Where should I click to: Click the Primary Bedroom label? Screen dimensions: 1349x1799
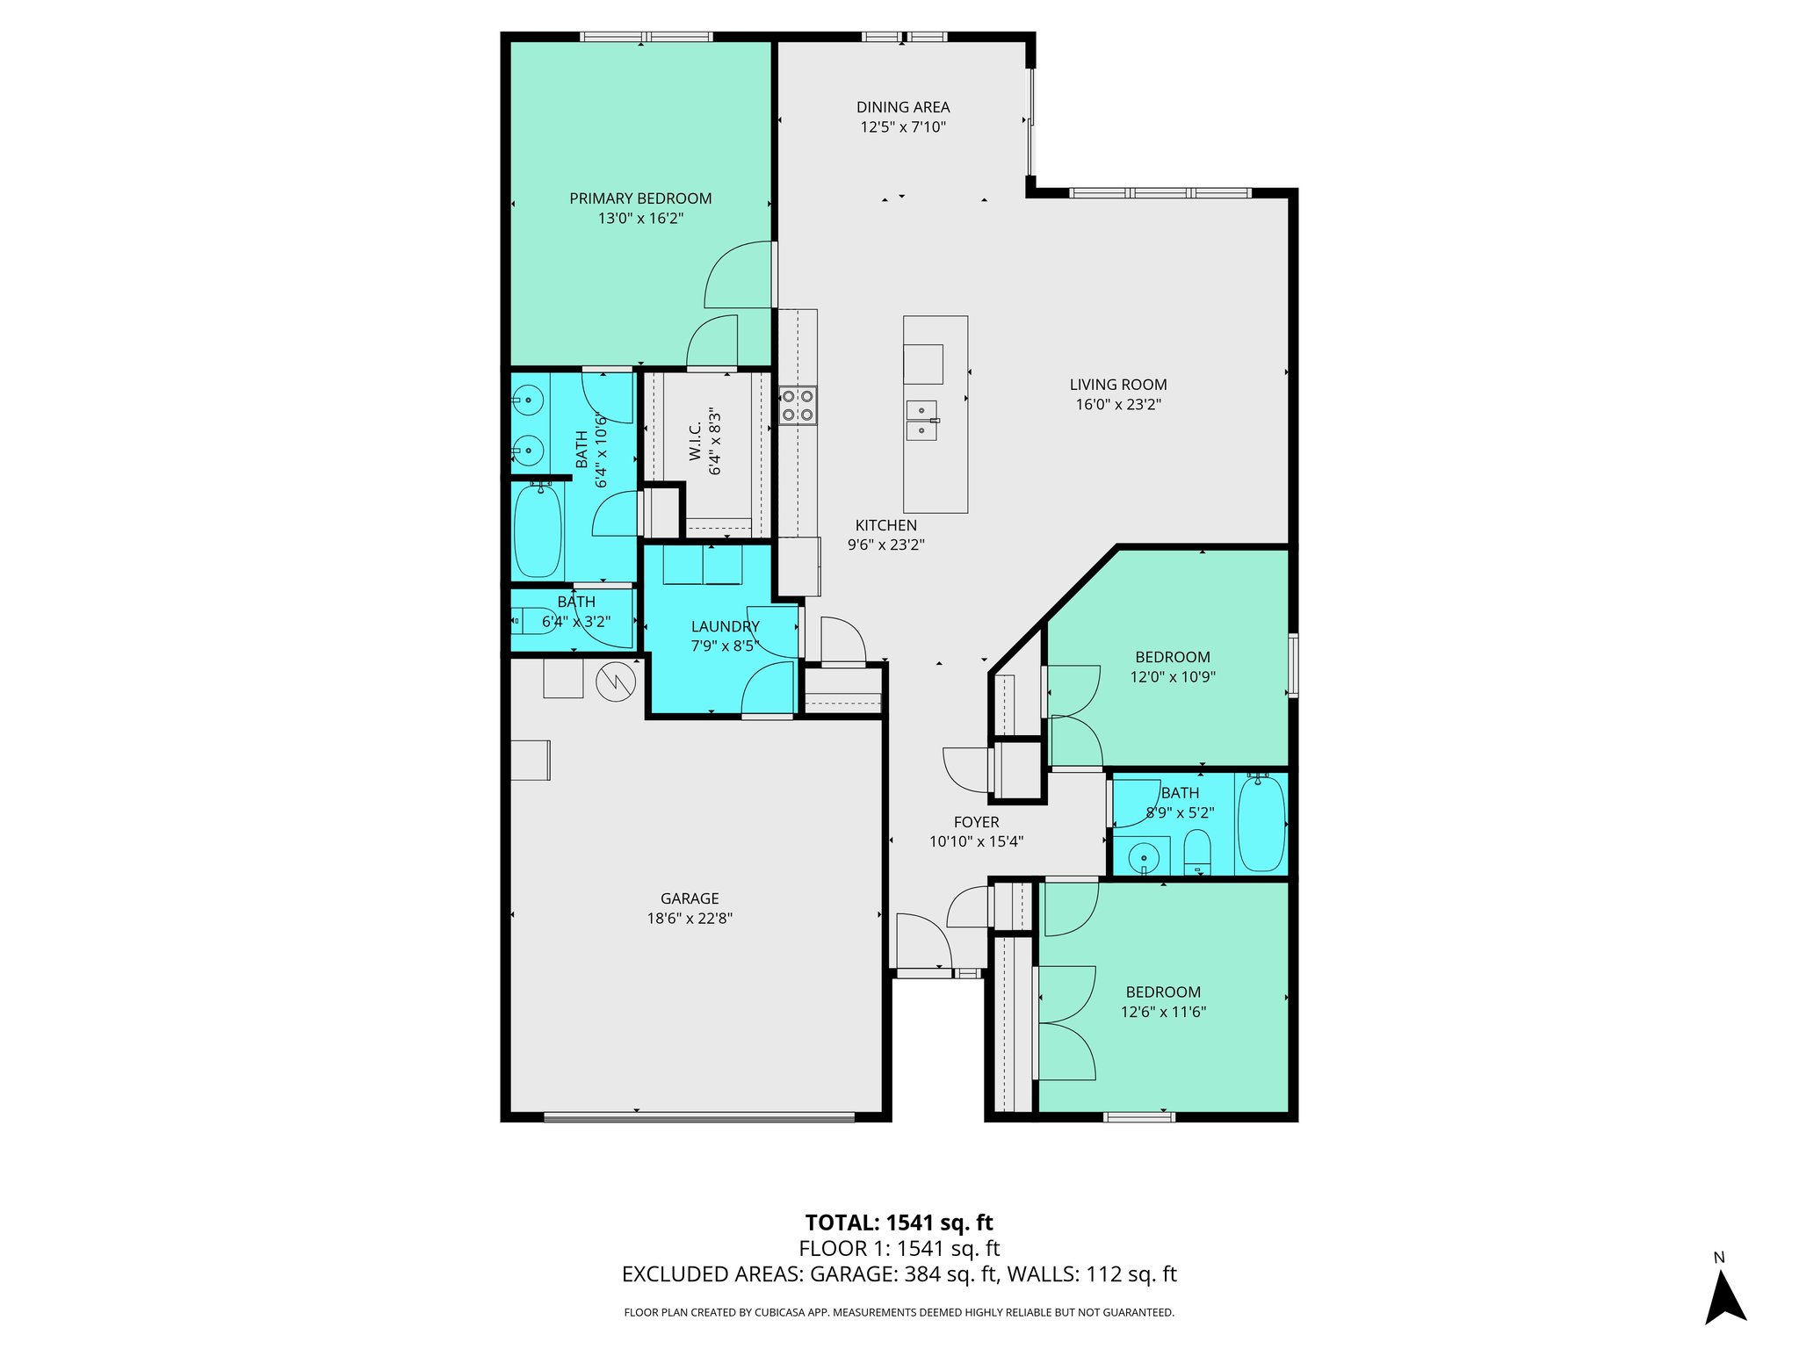640,198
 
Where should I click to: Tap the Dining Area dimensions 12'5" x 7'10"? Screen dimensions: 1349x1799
902,127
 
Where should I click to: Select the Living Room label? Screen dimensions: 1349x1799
1117,385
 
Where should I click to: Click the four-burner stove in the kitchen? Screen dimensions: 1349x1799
798,406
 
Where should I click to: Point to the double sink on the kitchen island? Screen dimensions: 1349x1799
921,420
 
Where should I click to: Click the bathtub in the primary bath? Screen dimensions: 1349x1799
537,530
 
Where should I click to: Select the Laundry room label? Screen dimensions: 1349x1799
725,626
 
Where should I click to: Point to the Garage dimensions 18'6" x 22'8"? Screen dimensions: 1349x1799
690,919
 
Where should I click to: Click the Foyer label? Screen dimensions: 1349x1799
976,822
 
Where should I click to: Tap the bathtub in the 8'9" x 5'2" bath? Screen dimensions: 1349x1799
1261,824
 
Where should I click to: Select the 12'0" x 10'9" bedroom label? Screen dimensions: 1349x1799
1172,657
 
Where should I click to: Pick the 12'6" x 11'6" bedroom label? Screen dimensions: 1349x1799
1162,992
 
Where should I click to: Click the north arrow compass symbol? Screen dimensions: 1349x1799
1724,1298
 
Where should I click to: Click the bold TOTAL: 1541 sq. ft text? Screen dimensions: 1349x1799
899,1223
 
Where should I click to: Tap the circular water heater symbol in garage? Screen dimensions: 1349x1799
616,681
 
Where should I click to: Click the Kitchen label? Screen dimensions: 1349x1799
885,525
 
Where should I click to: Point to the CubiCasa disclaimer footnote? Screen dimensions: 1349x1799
899,1312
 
